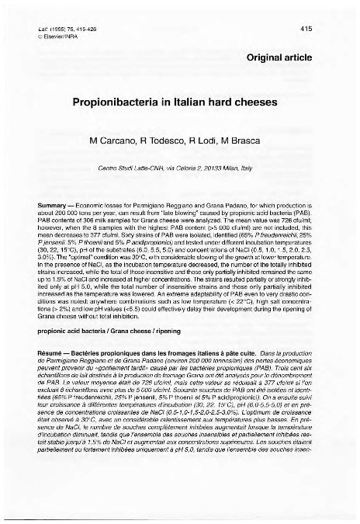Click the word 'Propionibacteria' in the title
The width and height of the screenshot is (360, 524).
[x=137, y=101]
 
